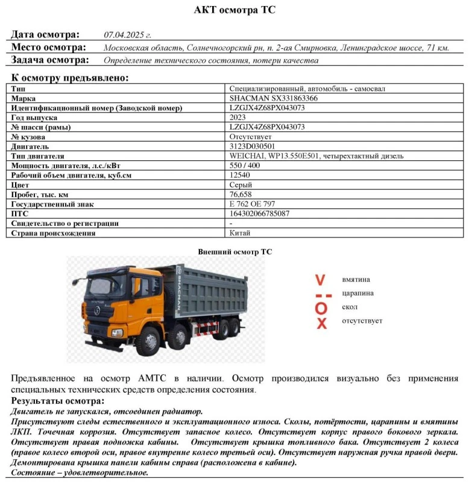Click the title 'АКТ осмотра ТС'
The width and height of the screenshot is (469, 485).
click(x=235, y=10)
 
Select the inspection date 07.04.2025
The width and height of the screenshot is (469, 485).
click(x=127, y=34)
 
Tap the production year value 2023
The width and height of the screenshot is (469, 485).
click(x=238, y=117)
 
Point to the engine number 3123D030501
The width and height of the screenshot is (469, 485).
click(x=252, y=146)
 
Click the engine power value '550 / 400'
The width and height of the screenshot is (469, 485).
click(x=245, y=165)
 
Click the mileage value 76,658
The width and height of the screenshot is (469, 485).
click(x=241, y=194)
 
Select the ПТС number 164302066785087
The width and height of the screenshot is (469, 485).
click(x=259, y=213)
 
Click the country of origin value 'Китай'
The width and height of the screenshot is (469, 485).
click(x=240, y=233)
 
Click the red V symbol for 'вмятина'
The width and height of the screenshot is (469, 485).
click(x=321, y=280)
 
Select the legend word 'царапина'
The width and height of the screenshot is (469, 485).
click(x=357, y=293)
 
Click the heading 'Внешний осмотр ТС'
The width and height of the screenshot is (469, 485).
click(x=234, y=251)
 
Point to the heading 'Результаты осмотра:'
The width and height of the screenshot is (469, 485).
click(x=57, y=401)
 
